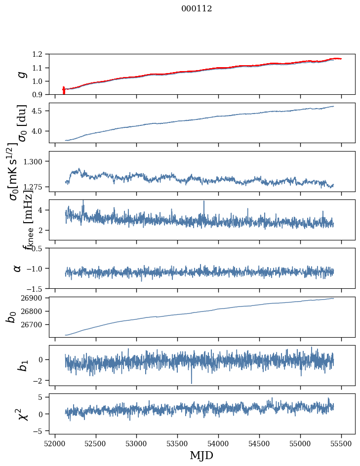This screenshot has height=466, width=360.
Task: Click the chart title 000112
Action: (197, 9)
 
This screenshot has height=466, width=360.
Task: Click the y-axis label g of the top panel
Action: (21, 75)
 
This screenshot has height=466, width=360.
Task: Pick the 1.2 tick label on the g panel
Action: (41, 54)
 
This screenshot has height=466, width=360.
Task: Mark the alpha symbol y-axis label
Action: (17, 268)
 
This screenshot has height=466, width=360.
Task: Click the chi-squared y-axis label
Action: (22, 414)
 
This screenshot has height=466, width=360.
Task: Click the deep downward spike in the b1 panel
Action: (192, 381)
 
